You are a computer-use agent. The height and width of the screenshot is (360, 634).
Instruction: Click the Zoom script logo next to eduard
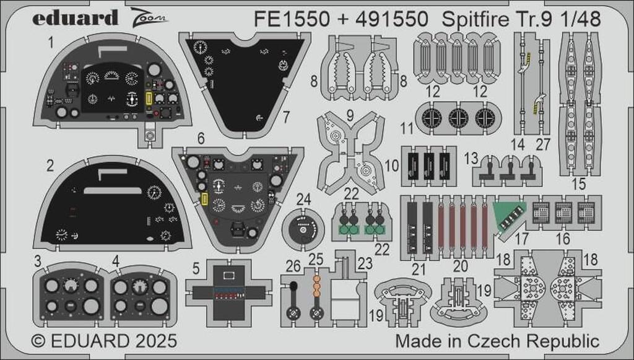(149, 16)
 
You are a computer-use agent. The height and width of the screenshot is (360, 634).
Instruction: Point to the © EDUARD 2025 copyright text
(104, 341)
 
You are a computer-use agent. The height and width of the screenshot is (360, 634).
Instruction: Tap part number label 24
(303, 200)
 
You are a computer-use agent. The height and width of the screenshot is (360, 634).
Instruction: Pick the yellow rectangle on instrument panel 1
(149, 99)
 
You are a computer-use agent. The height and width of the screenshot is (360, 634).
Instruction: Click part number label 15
(578, 184)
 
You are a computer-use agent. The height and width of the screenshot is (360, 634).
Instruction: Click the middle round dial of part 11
(458, 117)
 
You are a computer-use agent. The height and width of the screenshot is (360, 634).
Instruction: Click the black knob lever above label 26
(293, 286)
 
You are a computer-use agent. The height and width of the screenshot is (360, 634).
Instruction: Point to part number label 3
(38, 261)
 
